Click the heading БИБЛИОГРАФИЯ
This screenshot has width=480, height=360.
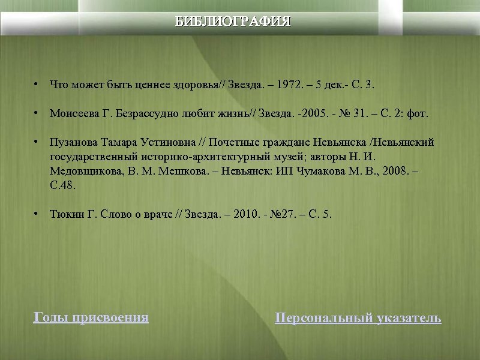point(233,22)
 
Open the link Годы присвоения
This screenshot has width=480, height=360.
point(91,317)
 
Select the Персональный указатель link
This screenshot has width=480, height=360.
point(358,318)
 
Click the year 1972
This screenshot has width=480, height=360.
point(292,85)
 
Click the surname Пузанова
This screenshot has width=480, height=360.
point(73,143)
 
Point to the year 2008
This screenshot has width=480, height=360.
point(394,171)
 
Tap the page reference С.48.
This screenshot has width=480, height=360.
point(63,185)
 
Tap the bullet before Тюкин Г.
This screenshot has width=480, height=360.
point(37,214)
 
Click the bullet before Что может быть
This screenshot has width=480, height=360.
point(37,84)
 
